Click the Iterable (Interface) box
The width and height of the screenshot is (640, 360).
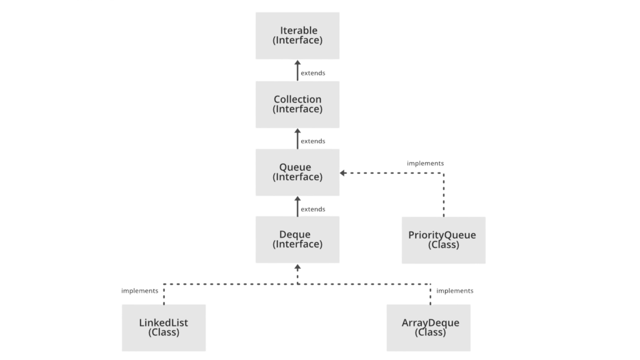coord(297,35)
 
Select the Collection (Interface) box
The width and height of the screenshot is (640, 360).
coord(297,104)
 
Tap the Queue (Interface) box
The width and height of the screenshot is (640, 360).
coord(297,172)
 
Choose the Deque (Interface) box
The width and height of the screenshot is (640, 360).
coord(297,239)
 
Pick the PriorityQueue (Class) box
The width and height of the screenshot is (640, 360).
coord(443,240)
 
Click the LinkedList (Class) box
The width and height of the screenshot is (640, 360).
coord(164,327)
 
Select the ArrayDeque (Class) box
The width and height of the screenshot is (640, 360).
coord(428,327)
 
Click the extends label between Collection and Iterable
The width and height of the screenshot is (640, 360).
coord(313,73)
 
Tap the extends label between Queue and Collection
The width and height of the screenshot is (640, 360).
coord(313,141)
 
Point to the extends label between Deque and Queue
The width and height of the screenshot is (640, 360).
coord(313,209)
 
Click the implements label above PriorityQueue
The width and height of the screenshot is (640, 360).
coord(425,163)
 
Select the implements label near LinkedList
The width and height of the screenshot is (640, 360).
coord(140,291)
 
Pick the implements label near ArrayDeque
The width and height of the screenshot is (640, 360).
coord(455,291)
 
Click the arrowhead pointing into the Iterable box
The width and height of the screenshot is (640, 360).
coord(297,63)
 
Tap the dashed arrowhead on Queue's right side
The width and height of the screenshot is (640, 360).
coord(343,173)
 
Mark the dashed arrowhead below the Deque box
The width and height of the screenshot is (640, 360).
coord(297,267)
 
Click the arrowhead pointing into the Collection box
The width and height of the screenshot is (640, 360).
coord(297,131)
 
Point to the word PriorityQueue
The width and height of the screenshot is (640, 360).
coord(442,235)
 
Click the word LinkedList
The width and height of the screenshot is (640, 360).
coord(163,322)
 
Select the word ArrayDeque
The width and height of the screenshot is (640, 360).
coord(430,322)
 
